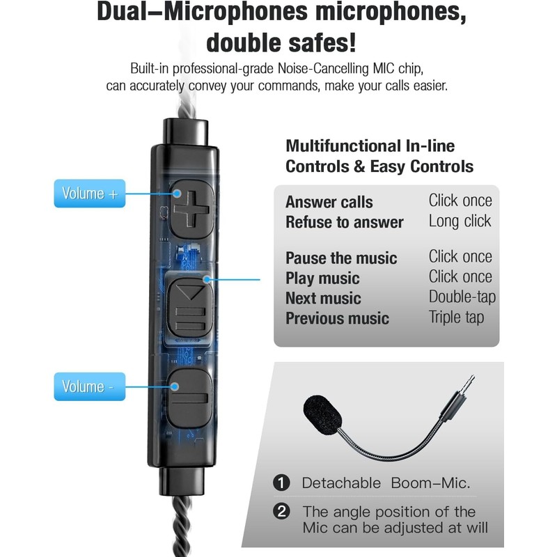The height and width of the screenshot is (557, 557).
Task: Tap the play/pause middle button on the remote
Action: pyautogui.click(x=189, y=306)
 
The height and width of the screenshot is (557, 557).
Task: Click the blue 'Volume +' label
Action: pyautogui.click(x=90, y=194)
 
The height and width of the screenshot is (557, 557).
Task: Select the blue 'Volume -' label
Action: pyautogui.click(x=90, y=386)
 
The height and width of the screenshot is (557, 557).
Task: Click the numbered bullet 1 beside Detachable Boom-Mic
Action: pyautogui.click(x=282, y=483)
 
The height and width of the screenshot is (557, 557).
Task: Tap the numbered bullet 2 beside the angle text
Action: pyautogui.click(x=282, y=512)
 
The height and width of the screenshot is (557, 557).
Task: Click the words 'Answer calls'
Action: pyautogui.click(x=329, y=203)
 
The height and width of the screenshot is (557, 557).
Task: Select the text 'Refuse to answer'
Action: pyautogui.click(x=345, y=222)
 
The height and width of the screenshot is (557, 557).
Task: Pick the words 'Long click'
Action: pyautogui.click(x=460, y=221)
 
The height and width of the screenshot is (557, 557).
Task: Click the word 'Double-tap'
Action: pyautogui.click(x=462, y=297)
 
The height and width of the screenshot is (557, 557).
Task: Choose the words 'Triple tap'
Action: pyautogui.click(x=457, y=317)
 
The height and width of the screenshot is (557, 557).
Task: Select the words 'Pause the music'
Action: pyautogui.click(x=341, y=258)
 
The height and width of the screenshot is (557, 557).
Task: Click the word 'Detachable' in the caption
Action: pyautogui.click(x=341, y=483)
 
